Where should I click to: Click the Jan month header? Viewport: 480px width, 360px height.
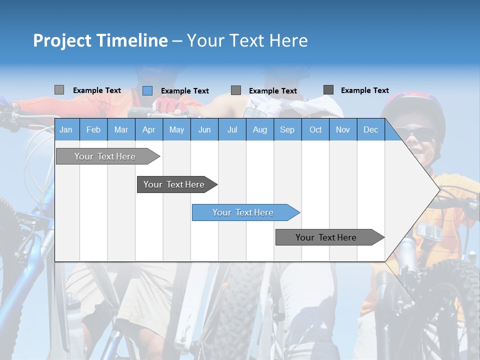[66, 129]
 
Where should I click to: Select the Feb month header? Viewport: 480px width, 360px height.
[93, 129]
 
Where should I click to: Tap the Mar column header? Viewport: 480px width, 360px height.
[121, 129]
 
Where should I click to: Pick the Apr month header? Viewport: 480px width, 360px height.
[149, 129]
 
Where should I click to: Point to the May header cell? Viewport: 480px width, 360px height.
[176, 129]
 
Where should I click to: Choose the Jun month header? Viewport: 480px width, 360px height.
[204, 129]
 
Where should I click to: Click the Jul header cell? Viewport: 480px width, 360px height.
[232, 129]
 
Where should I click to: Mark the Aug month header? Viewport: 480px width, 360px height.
[260, 129]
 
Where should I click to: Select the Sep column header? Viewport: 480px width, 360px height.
[287, 129]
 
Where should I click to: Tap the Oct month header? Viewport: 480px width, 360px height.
[315, 129]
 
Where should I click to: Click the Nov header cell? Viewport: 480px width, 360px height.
[343, 129]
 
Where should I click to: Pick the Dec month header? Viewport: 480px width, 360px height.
[371, 129]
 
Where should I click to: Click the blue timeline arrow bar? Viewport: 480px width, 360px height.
[243, 212]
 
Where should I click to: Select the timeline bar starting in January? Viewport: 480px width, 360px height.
[105, 156]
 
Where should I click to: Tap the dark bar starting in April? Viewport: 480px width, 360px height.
[174, 184]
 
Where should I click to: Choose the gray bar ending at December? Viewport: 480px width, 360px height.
[326, 237]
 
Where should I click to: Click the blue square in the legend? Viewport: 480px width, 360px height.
[147, 90]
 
